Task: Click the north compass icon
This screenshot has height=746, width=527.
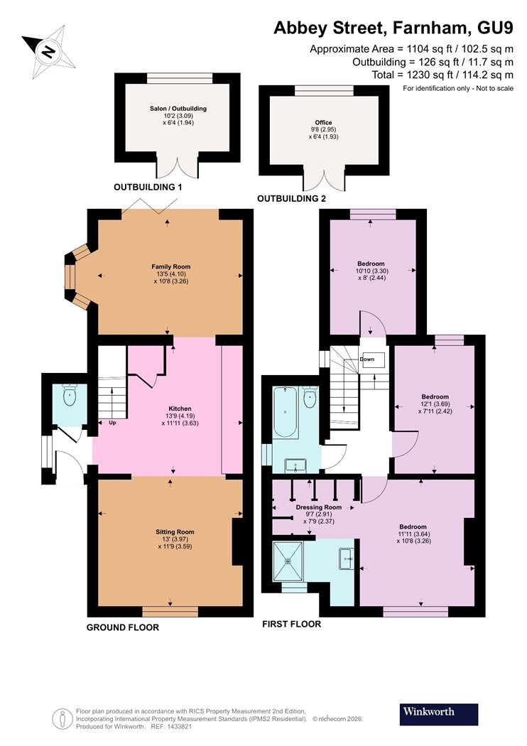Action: tap(48, 48)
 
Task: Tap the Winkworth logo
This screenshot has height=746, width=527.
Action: tap(438, 714)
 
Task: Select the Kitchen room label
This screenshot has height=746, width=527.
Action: tap(180, 409)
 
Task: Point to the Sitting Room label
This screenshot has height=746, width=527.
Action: tap(175, 531)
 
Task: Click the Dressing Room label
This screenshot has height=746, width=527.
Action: tap(319, 507)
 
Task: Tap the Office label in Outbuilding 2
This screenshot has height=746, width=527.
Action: tap(323, 122)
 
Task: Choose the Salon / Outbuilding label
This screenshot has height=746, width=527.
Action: tap(178, 109)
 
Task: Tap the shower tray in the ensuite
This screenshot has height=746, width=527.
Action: tap(288, 561)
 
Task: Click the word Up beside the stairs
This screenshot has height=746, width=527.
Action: tap(113, 423)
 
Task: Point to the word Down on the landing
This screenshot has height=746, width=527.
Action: tap(367, 360)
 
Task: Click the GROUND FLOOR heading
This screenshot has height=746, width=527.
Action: tap(123, 627)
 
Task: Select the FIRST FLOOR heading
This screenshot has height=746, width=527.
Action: tap(292, 625)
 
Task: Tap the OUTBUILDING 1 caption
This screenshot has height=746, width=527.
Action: tap(148, 187)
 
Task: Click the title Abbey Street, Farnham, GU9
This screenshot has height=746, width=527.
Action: tap(393, 28)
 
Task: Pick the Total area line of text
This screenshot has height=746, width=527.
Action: tap(442, 75)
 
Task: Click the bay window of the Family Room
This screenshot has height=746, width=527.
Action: tap(75, 277)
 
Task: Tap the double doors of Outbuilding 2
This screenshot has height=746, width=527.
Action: tap(323, 180)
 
